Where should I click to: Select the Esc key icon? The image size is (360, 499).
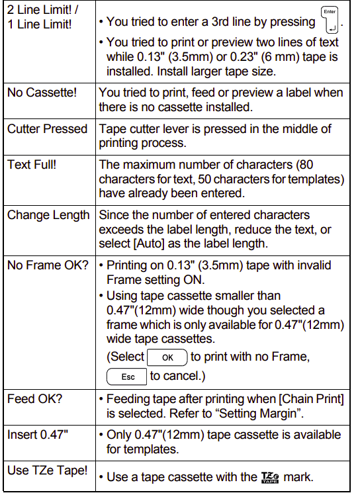pos(126,376)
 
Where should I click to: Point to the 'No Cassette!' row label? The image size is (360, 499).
pos(42,93)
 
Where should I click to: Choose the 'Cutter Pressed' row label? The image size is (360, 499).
pos(47,129)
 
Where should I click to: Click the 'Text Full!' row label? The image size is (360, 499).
pos(32,165)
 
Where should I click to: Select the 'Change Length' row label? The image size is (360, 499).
pos(48,215)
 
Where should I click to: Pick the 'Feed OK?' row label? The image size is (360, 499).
pos(34,399)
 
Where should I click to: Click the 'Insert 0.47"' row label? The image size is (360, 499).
pos(38,435)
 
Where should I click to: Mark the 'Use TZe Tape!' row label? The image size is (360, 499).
pos(47,471)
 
